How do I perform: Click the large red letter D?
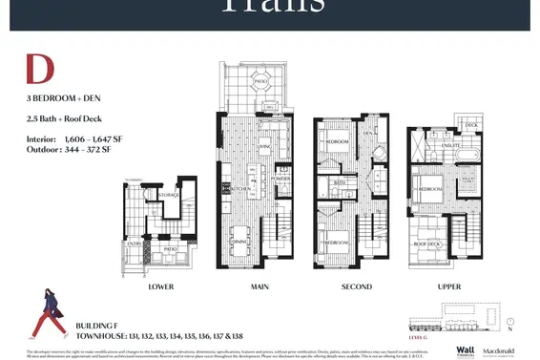(39, 71)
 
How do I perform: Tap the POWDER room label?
(280, 179)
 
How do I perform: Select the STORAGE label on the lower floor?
(168, 196)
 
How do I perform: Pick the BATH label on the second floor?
(339, 181)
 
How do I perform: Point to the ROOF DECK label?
(426, 244)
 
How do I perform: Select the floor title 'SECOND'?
(355, 286)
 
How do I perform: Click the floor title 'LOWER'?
(159, 286)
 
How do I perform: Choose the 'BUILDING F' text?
(96, 326)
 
